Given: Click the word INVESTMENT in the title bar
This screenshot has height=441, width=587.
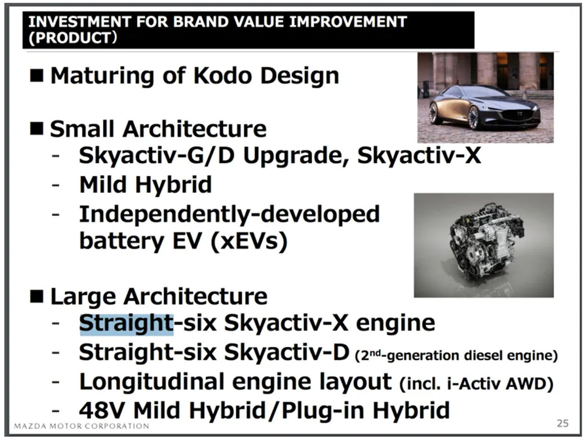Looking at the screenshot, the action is pyautogui.click(x=80, y=22).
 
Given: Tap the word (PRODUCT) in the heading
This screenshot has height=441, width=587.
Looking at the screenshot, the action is pyautogui.click(x=73, y=38).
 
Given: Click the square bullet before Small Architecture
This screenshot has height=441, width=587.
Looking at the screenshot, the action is pyautogui.click(x=37, y=128).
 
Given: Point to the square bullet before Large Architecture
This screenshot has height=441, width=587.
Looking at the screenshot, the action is pyautogui.click(x=37, y=296).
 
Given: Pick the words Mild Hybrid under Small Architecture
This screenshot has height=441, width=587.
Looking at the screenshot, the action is pyautogui.click(x=146, y=184).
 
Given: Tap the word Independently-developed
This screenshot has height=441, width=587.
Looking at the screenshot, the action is pyautogui.click(x=229, y=215).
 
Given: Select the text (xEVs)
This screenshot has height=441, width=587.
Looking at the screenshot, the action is pyautogui.click(x=249, y=241).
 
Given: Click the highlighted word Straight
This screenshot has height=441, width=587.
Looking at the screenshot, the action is pyautogui.click(x=126, y=324).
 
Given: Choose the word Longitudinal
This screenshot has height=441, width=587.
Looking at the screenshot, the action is pyautogui.click(x=152, y=382).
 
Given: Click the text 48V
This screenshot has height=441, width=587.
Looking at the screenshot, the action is pyautogui.click(x=102, y=411).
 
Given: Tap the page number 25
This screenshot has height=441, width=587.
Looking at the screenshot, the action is pyautogui.click(x=563, y=424).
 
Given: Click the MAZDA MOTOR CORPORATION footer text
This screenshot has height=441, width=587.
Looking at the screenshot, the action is pyautogui.click(x=82, y=426).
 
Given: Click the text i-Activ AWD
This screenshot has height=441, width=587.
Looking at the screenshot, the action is pyautogui.click(x=500, y=384).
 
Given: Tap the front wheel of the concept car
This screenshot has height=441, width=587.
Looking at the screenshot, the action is pyautogui.click(x=474, y=118).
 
